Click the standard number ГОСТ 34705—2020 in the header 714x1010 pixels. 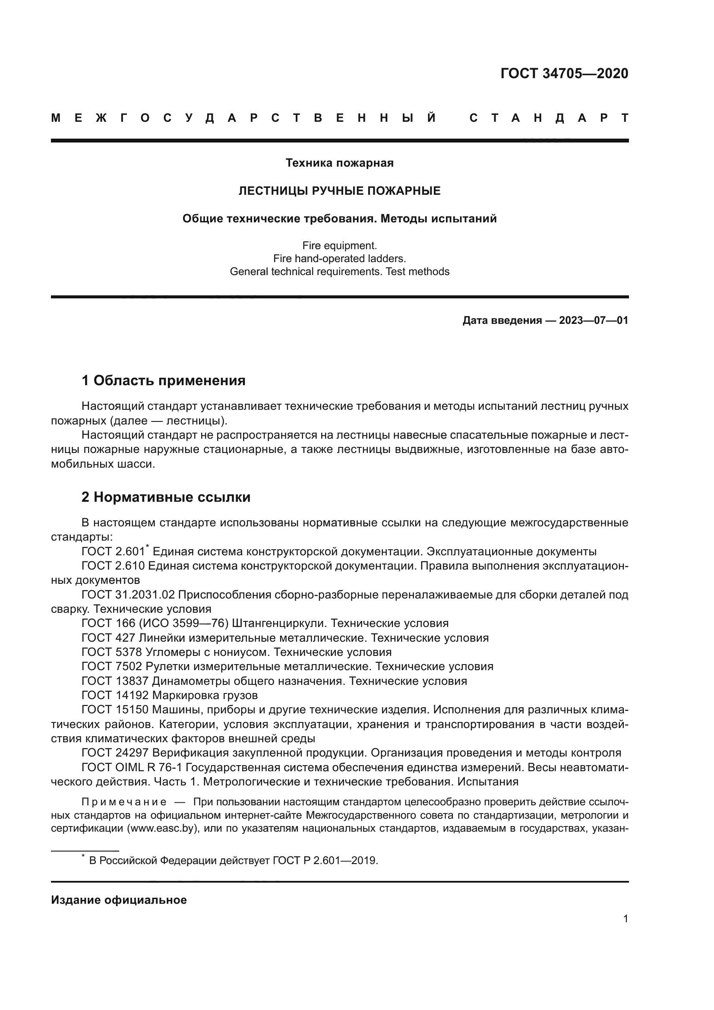tap(564, 73)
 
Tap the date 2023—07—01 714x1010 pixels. tap(594, 320)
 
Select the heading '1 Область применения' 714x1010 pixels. tap(163, 380)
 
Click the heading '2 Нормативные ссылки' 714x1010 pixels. tap(166, 497)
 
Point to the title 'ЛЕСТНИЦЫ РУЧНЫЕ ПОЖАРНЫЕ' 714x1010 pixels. tap(339, 191)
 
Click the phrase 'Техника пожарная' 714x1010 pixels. tap(339, 163)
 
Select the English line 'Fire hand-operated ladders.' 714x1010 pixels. tap(339, 259)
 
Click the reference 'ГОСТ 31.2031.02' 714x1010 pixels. tap(128, 595)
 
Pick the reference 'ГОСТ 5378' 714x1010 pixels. tap(112, 652)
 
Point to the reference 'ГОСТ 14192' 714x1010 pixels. tap(115, 695)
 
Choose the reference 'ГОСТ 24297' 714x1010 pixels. tap(115, 753)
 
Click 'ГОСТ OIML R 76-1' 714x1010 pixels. tap(132, 767)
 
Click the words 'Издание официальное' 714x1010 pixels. tap(119, 900)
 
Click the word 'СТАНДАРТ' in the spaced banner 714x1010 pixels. tap(549, 118)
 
